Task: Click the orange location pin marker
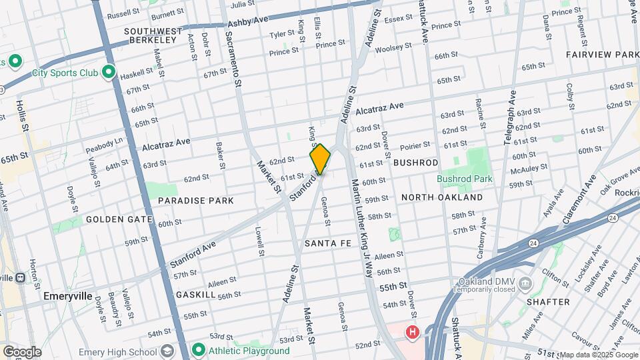click(320, 159)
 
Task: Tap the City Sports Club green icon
click(108, 73)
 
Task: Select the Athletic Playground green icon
click(198, 350)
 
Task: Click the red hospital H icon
click(413, 331)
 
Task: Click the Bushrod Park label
click(464, 179)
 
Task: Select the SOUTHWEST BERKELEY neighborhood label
click(153, 35)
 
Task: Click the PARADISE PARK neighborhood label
click(195, 200)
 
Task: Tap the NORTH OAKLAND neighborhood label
click(442, 197)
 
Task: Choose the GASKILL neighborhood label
click(195, 294)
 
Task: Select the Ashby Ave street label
click(248, 21)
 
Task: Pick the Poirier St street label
click(415, 146)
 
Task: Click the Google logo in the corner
click(22, 351)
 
